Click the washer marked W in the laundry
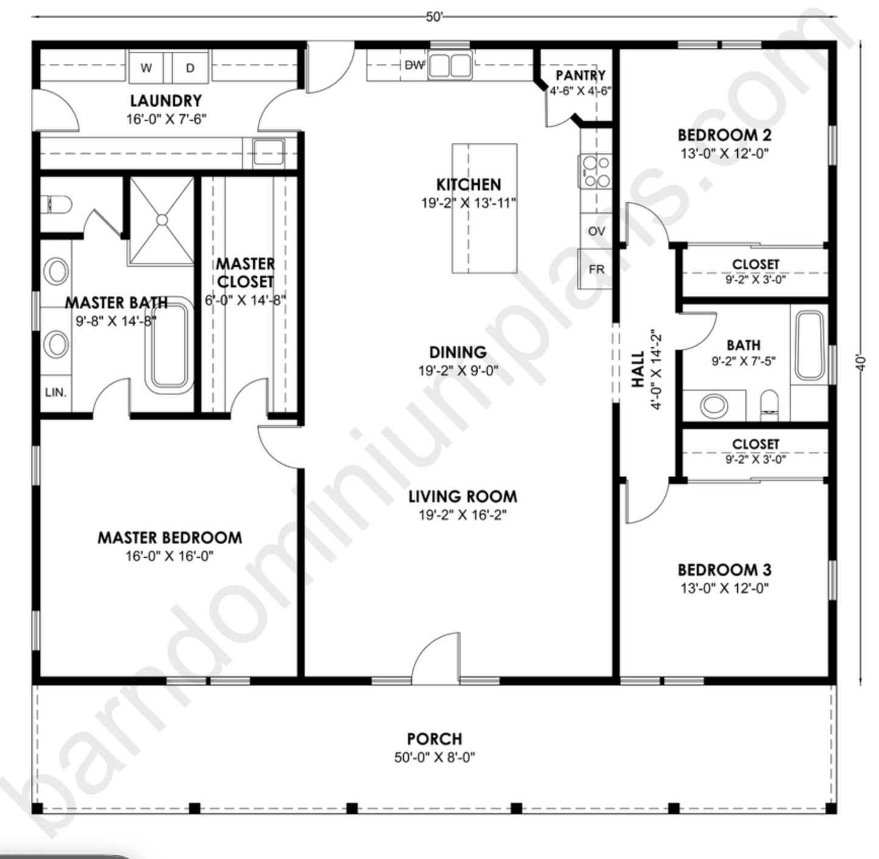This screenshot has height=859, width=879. tap(146, 68)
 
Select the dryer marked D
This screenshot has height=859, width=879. tap(190, 68)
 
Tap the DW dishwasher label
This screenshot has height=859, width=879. tap(414, 65)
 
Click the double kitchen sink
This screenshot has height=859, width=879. tap(450, 66)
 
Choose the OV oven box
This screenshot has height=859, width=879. tap(596, 231)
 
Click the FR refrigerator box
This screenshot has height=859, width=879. tap(596, 269)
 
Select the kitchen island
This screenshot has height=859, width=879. tap(484, 208)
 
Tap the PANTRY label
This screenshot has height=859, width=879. tap(580, 75)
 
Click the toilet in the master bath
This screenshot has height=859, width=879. tap(57, 204)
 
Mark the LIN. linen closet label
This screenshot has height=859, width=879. tap(55, 392)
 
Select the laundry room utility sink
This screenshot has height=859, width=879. tap(268, 152)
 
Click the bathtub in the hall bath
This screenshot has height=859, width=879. tap(809, 346)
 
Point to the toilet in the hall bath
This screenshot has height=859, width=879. tap(769, 405)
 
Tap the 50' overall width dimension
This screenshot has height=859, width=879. tap(434, 17)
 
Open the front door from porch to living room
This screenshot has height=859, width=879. tap(436, 657)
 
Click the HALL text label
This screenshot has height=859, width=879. tap(638, 369)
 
